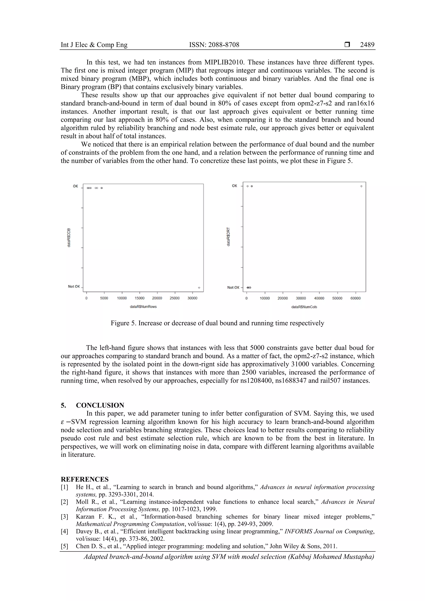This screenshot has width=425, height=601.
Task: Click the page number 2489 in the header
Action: tap(367, 45)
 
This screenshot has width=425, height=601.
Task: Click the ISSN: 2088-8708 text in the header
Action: tap(214, 45)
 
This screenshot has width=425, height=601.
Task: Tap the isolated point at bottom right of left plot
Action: tap(199, 288)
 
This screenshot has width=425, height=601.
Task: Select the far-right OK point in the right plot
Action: tap(361, 186)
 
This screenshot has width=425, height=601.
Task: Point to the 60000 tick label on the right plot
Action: tap(355, 298)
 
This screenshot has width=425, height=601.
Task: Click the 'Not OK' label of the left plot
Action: tap(74, 286)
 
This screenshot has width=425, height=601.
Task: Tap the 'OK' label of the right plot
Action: tap(234, 186)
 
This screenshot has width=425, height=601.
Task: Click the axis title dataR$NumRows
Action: tap(143, 307)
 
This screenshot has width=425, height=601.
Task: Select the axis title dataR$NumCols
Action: tap(304, 307)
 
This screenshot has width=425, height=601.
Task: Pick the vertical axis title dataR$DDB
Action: tap(69, 238)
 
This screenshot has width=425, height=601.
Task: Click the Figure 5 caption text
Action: tap(217, 323)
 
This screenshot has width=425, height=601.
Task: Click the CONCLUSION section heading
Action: tap(100, 405)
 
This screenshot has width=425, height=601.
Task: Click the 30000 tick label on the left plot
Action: tap(192, 298)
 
